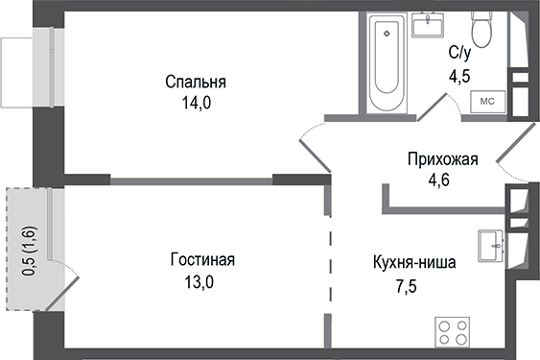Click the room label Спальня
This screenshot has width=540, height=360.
[200, 81]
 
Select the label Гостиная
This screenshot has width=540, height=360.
[202, 260]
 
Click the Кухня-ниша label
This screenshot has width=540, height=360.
[413, 260]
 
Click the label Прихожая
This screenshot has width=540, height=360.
[441, 159]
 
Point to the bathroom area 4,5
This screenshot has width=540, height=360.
[460, 74]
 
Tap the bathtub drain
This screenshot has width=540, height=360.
[387, 35]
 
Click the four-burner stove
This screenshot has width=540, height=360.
[454, 333]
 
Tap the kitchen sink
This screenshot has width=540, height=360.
[490, 243]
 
